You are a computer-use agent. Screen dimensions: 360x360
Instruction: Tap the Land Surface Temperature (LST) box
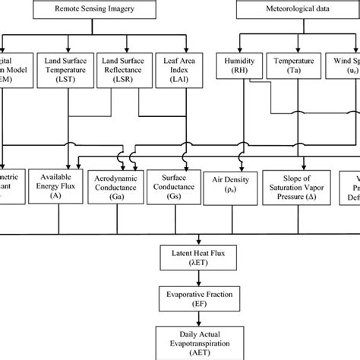[71, 71]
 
